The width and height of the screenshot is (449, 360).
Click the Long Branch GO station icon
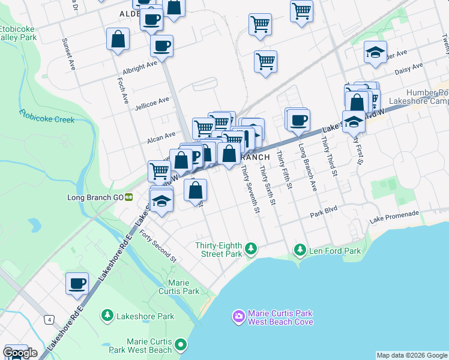(x=128, y=197)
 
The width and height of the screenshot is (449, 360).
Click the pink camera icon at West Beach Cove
(x=238, y=316)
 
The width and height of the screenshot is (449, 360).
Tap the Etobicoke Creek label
(x=46, y=115)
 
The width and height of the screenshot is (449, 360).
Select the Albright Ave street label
(x=140, y=65)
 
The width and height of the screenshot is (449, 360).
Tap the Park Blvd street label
(x=324, y=211)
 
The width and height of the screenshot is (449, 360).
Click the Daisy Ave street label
(x=409, y=70)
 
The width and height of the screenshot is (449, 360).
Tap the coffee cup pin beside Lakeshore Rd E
(x=77, y=283)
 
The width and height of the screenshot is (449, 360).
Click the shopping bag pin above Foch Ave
(x=118, y=40)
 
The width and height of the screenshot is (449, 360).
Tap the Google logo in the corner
(x=20, y=353)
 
